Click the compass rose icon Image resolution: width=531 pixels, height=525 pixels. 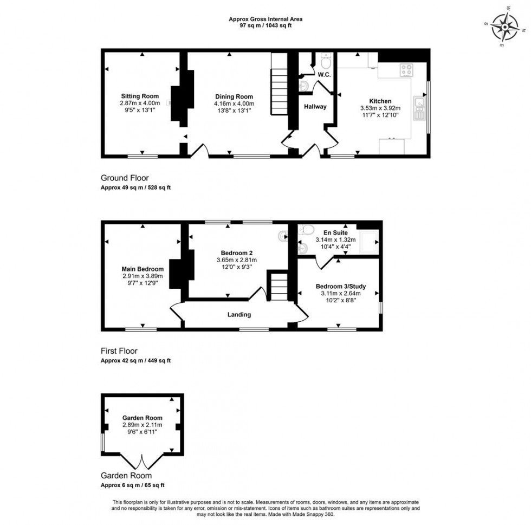(506, 27)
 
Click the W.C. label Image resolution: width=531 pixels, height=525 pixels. (324, 74)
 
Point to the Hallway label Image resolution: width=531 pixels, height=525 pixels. (315, 107)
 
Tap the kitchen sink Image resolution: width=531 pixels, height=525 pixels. (420, 108)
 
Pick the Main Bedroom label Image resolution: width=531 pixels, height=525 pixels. (143, 269)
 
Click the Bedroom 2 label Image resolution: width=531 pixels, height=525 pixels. (237, 252)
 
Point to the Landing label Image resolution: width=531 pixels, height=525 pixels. (239, 315)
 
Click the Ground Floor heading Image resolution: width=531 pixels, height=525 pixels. (125, 178)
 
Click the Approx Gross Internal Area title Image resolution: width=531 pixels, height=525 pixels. (265, 19)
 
